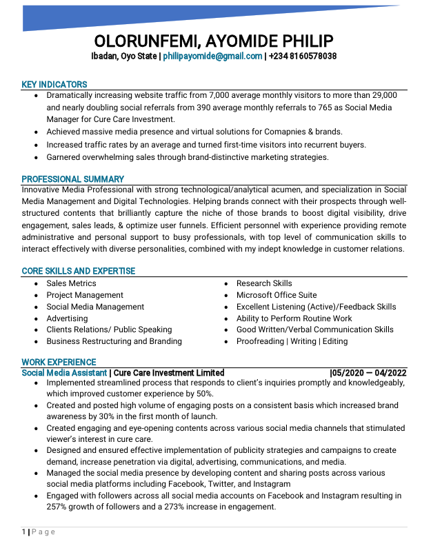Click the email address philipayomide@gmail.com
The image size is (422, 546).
[x=212, y=56]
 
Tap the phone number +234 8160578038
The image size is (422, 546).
[x=303, y=56]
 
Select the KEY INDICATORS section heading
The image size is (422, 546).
[x=54, y=84]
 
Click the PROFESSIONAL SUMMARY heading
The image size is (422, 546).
[x=73, y=179]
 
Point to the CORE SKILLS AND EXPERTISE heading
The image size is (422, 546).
[x=79, y=271]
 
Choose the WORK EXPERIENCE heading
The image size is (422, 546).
[x=59, y=362]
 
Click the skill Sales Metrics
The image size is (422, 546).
[x=71, y=283]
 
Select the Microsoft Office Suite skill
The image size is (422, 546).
[x=277, y=295]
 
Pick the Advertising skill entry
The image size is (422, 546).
[x=67, y=318]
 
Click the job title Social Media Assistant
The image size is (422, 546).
[x=64, y=373]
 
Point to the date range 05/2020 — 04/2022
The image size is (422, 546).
[x=370, y=373]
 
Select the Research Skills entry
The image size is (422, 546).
[x=264, y=283]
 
